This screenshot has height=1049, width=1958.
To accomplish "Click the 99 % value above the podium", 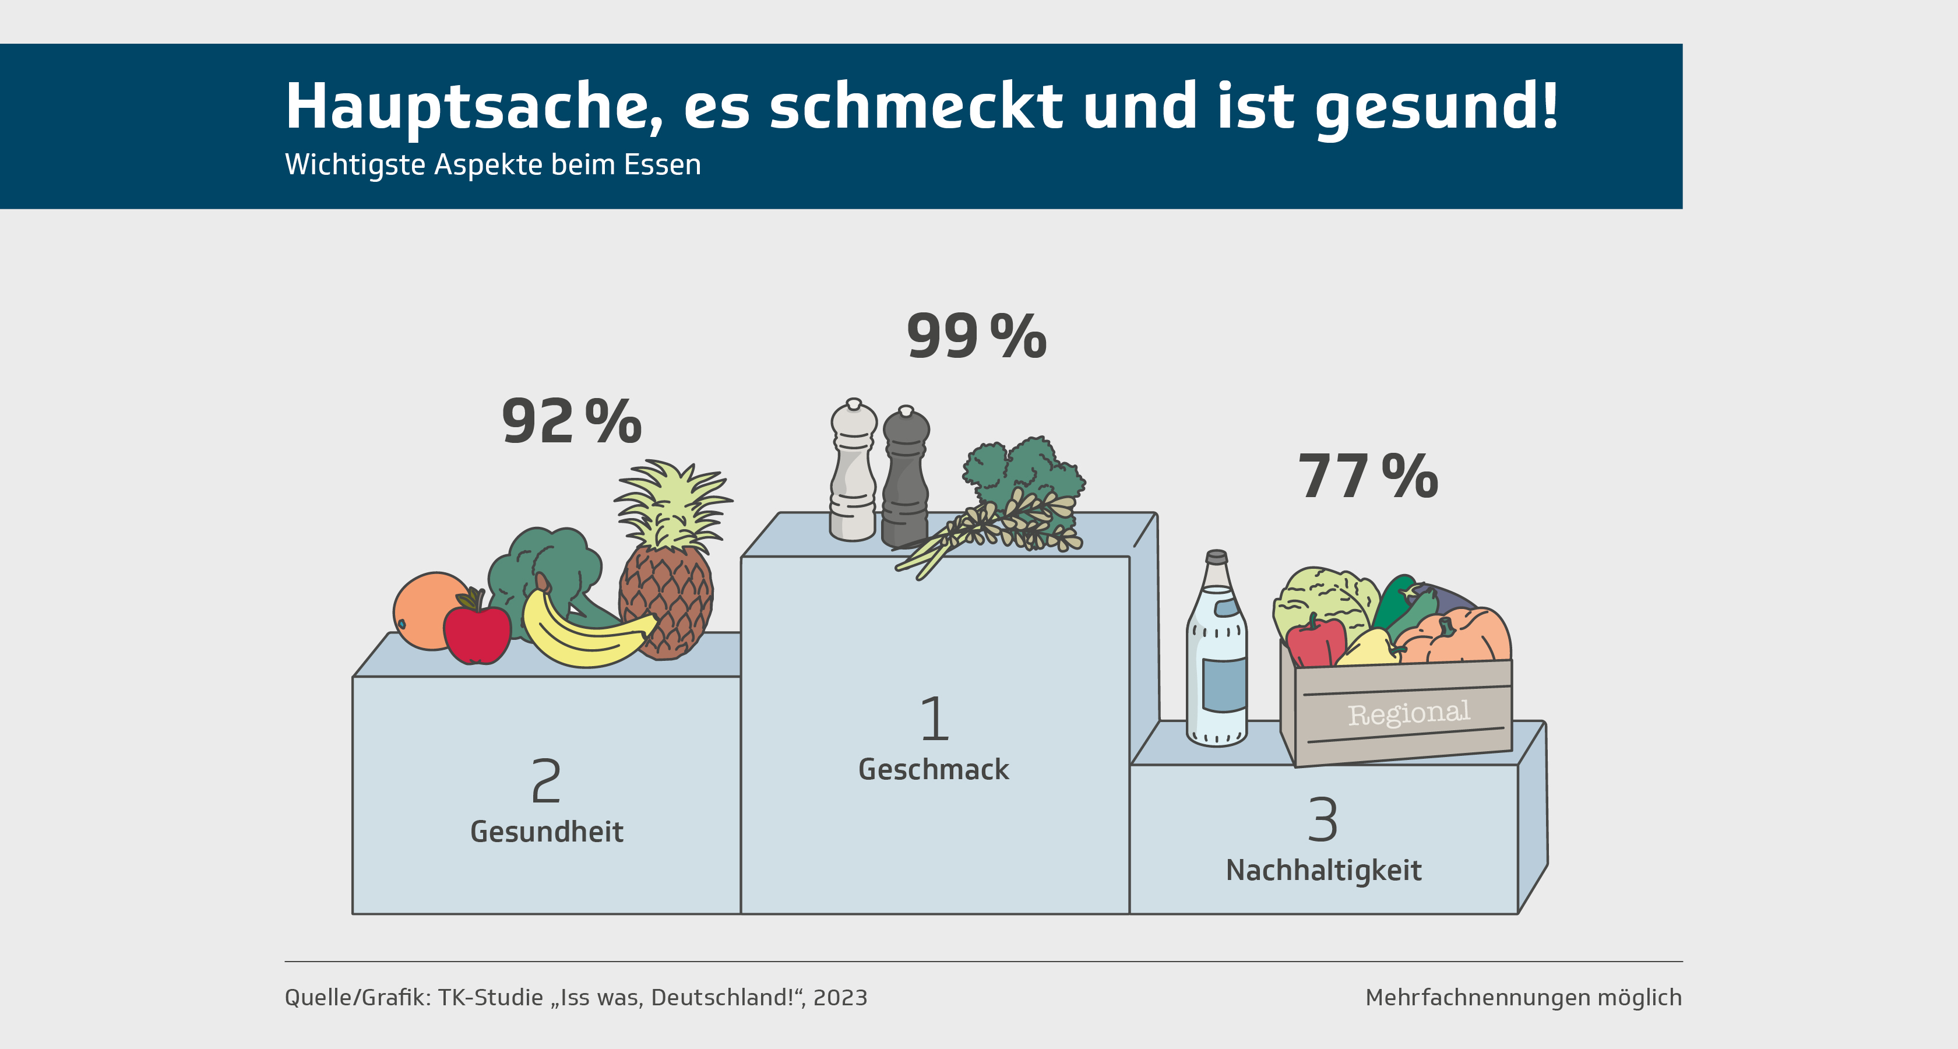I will point(976,336).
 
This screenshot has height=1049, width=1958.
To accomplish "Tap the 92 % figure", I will point(572,421).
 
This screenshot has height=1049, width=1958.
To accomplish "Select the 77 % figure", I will point(1368,477).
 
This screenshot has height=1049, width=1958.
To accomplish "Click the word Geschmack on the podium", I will point(934,769).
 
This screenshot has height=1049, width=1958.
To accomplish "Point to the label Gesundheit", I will point(547,832).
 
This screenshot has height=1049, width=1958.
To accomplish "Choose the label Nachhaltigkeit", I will point(1323,870).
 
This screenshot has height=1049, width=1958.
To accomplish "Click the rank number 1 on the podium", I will point(935,719).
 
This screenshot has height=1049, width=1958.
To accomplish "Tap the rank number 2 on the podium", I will point(546,781).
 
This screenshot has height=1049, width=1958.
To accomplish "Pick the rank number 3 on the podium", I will point(1323,819).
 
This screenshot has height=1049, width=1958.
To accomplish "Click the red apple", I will point(477,633).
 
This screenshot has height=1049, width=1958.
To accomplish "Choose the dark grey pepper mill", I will point(905,479).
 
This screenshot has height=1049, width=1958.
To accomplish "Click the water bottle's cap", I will point(1217,557).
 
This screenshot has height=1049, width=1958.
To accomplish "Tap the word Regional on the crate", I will point(1408,713).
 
